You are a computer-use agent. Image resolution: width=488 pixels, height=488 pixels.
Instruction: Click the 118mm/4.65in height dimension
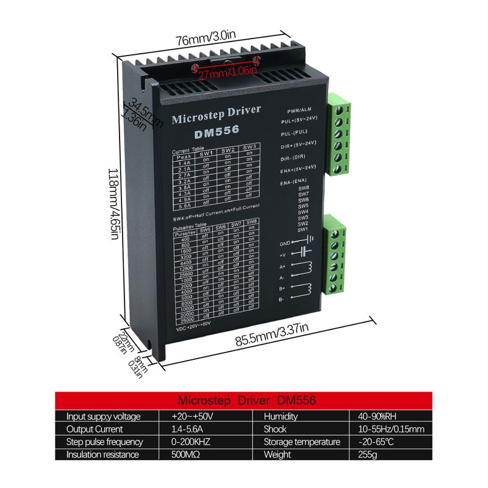113,204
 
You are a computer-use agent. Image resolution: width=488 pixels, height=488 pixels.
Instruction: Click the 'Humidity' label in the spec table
280,417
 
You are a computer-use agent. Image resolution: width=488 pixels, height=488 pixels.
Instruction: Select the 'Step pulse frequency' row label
105,442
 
